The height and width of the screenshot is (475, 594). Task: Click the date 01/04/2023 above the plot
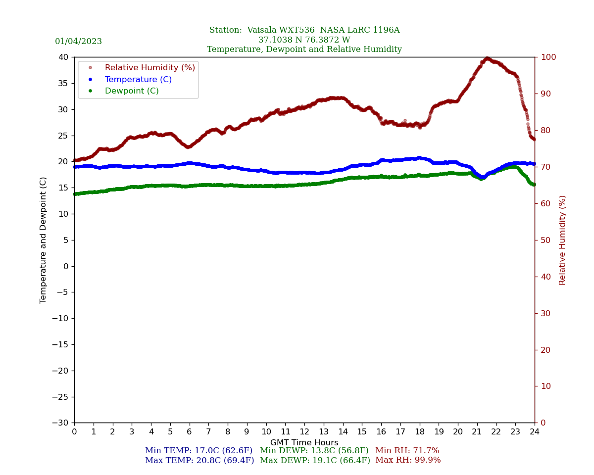coord(78,42)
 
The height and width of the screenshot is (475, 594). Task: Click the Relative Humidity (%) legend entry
coord(149,67)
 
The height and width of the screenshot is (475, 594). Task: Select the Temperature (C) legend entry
coord(138,79)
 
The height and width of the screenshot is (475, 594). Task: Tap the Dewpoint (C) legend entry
coord(132,91)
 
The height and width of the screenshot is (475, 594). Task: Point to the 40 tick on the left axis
coord(63,57)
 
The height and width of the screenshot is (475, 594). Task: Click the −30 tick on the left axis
coord(61,423)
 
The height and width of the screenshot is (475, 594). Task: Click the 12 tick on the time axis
coord(304,432)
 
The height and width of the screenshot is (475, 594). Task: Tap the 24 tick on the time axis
coord(535,432)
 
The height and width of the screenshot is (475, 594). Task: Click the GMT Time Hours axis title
coord(304,443)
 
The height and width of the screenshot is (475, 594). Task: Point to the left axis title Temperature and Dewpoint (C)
coord(44,240)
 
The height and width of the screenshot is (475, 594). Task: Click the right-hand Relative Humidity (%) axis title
coord(562,240)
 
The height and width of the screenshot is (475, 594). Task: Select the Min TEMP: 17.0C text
coord(198,451)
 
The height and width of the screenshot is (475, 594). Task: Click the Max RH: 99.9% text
coord(408,460)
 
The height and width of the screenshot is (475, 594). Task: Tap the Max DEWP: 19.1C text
coord(315,460)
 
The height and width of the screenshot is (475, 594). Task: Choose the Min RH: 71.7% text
coord(407,451)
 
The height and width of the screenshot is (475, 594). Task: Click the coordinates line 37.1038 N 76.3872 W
coord(304,40)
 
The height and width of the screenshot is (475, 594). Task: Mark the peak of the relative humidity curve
coord(488,58)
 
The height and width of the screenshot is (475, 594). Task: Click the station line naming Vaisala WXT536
coord(304,30)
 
